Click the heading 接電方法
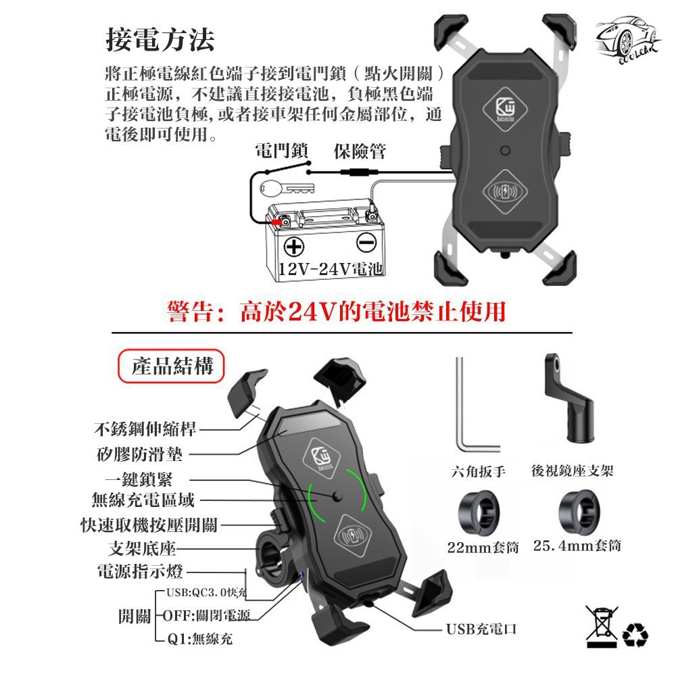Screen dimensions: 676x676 point(160,40)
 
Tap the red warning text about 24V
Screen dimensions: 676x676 point(336,312)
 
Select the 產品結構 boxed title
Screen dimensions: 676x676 point(172,366)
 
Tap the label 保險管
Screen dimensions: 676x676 point(360,151)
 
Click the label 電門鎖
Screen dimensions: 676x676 point(281,151)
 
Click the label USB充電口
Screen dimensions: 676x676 point(481,629)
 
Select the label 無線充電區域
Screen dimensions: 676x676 point(143,500)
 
